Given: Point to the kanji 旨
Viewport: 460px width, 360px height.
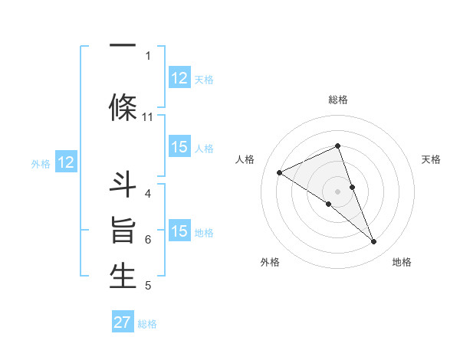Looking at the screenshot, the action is (x=123, y=231).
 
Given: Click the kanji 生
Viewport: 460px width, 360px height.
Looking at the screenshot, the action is (x=123, y=276).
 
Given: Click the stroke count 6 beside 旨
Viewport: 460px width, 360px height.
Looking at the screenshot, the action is (x=147, y=240).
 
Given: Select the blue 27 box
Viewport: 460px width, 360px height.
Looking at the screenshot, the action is (x=123, y=322).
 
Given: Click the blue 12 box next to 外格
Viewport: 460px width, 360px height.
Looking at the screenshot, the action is (x=66, y=162).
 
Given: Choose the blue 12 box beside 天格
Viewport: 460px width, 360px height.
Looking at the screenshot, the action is (x=179, y=78).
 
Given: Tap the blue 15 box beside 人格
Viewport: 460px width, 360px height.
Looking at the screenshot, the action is (x=179, y=147).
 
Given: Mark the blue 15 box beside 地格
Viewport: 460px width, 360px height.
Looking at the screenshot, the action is (x=179, y=231).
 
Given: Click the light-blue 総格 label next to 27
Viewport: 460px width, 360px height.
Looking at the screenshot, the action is (x=147, y=324).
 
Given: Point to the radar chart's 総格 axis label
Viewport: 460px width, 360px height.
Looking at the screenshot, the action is (x=337, y=100).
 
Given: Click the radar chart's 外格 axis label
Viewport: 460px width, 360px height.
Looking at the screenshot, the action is (x=270, y=262).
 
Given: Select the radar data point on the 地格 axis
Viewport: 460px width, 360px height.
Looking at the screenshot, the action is (x=374, y=242).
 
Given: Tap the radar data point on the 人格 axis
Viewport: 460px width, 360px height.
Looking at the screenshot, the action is (x=279, y=172).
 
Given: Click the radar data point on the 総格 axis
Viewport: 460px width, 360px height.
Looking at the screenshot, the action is (x=337, y=146).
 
